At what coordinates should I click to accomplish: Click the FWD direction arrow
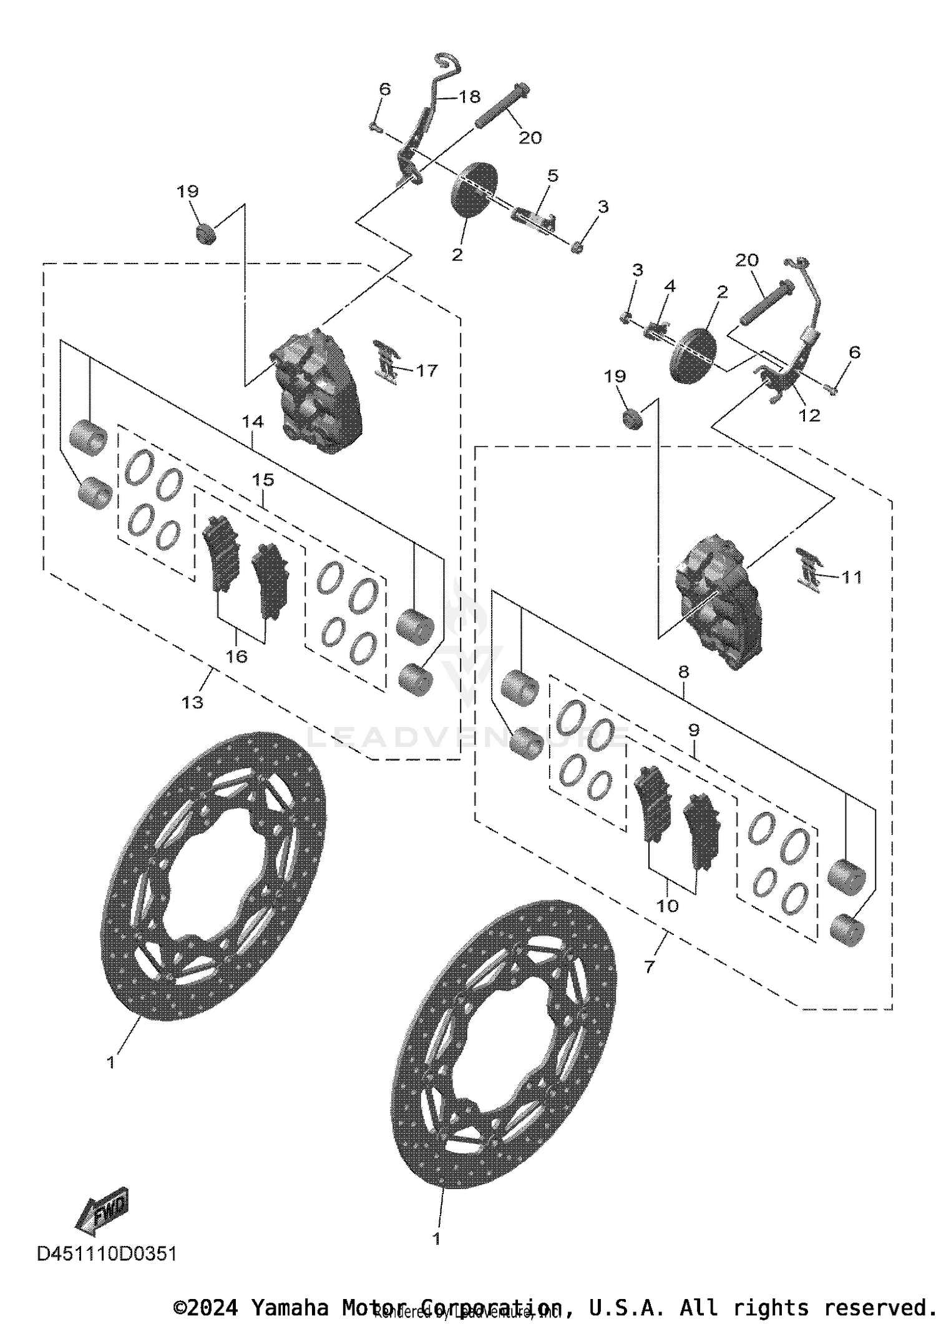[102, 1211]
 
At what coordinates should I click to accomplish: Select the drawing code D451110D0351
[107, 1253]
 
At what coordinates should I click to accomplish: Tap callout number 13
[192, 702]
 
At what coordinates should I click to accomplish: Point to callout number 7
[650, 967]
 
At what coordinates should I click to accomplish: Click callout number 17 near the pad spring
[427, 370]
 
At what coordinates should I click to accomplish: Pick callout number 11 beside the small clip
[852, 576]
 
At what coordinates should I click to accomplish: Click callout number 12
[809, 415]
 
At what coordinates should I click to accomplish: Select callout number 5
[552, 176]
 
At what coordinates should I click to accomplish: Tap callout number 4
[670, 286]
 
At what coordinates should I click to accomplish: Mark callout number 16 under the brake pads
[236, 656]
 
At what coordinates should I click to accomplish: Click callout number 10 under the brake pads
[668, 906]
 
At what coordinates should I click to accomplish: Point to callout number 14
[253, 422]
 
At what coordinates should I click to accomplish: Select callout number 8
[683, 672]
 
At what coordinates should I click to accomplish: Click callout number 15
[263, 480]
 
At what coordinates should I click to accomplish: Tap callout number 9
[694, 729]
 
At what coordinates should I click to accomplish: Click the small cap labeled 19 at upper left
[206, 235]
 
